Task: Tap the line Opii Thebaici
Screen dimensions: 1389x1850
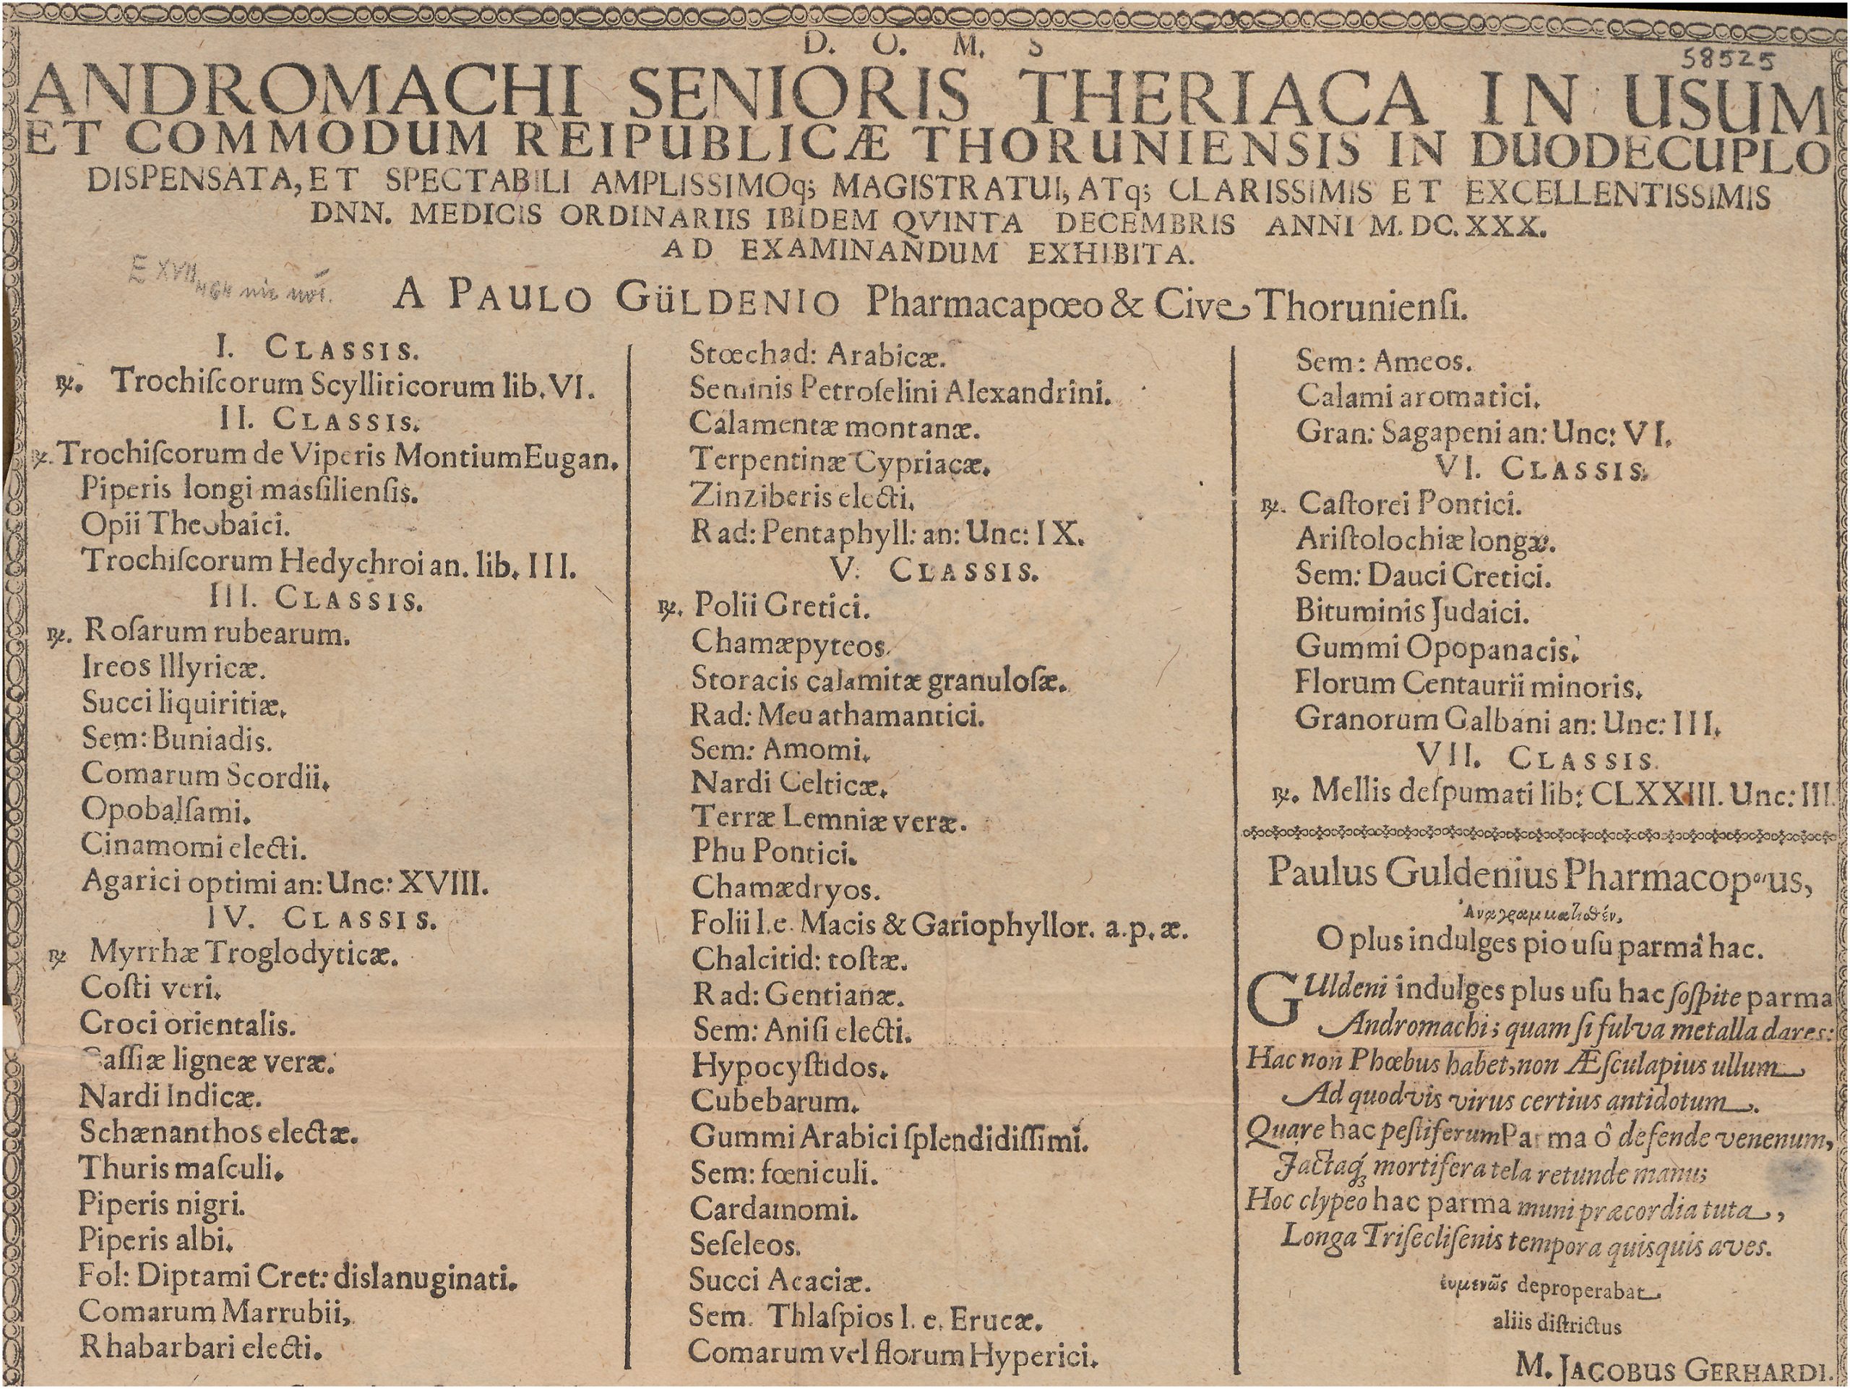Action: click(x=186, y=525)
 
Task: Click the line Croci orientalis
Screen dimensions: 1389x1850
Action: click(x=187, y=1023)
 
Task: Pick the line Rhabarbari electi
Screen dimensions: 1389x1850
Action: click(x=201, y=1348)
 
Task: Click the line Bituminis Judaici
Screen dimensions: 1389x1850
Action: click(x=1412, y=612)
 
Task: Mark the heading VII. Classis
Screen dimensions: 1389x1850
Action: click(x=1534, y=758)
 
